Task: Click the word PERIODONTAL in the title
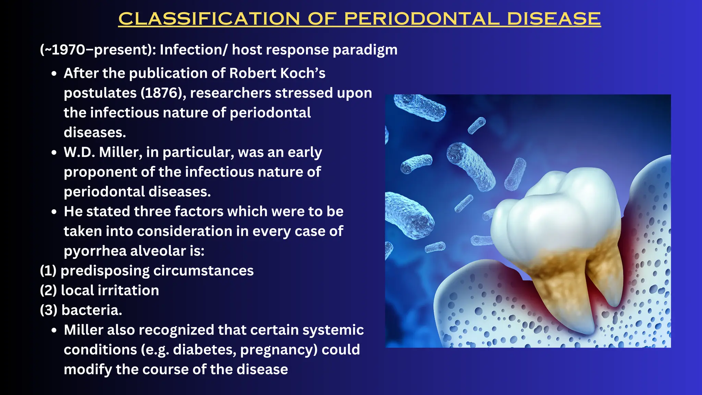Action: coord(422,19)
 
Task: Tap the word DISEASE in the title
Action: coord(554,19)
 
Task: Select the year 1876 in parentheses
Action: coord(161,93)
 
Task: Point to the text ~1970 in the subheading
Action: coord(65,50)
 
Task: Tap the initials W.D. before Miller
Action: coord(79,152)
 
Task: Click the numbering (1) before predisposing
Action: coord(48,271)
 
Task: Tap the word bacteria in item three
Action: coord(91,310)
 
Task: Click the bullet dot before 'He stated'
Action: coord(54,212)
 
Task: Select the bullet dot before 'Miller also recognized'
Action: coord(54,330)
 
